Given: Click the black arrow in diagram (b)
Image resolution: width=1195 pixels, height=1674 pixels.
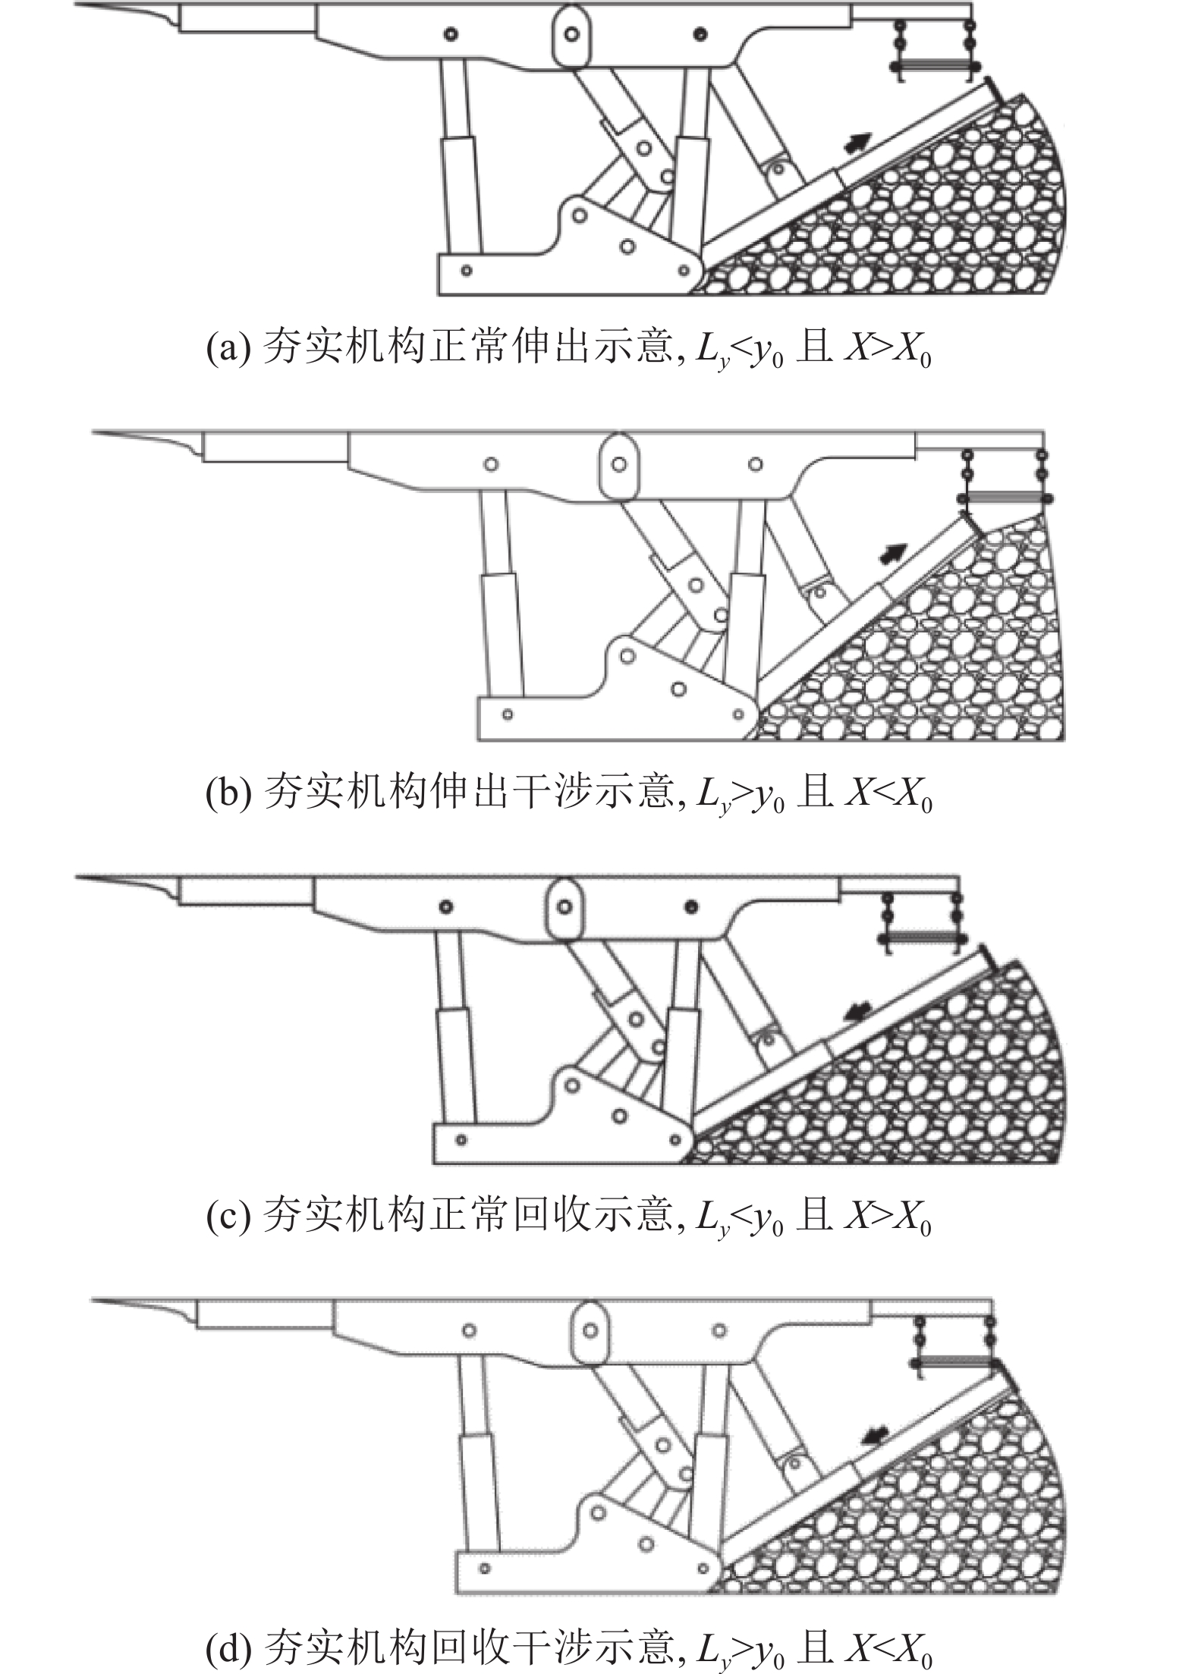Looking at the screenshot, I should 893,553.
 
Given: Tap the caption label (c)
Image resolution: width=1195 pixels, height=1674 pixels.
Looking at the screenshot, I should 228,1216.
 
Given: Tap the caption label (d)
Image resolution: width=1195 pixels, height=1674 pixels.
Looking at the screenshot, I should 228,1644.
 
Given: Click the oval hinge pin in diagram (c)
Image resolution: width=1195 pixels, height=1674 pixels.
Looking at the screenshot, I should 564,906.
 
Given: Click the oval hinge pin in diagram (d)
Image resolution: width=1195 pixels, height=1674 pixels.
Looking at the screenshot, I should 590,1330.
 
